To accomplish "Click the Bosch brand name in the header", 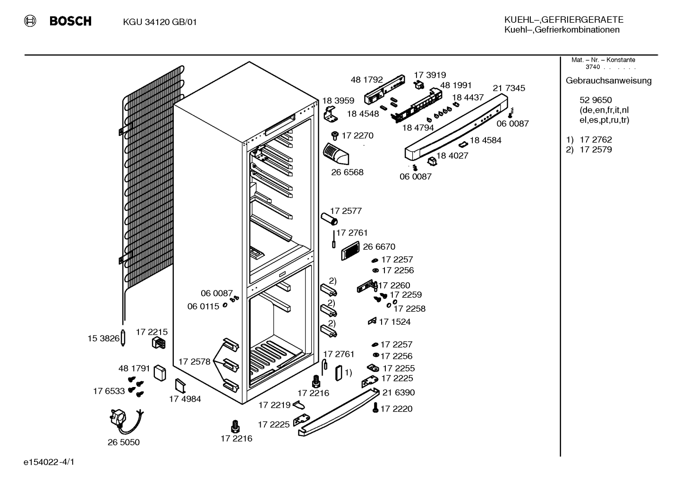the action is [x=70, y=21].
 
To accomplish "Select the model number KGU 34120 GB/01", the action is [x=160, y=22].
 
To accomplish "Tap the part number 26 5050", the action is [x=123, y=442].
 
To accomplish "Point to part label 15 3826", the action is [x=103, y=338].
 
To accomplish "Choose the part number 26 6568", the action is [x=347, y=172].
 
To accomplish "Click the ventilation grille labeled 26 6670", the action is [x=350, y=251].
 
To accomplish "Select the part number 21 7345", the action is [x=509, y=88].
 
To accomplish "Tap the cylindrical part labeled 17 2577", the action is [x=329, y=219].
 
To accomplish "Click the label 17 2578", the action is [x=194, y=362].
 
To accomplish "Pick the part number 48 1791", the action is [x=134, y=369].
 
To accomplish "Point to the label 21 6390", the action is [x=399, y=393].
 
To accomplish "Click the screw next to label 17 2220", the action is [x=375, y=408].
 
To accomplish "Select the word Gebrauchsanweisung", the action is [x=609, y=81].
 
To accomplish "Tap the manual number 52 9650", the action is [x=596, y=100].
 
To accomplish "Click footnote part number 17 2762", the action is [x=596, y=140].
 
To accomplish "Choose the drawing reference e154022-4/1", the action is [x=49, y=462].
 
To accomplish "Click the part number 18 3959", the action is [x=338, y=101].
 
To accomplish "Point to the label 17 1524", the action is [x=395, y=322].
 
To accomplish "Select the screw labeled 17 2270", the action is [x=335, y=135].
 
